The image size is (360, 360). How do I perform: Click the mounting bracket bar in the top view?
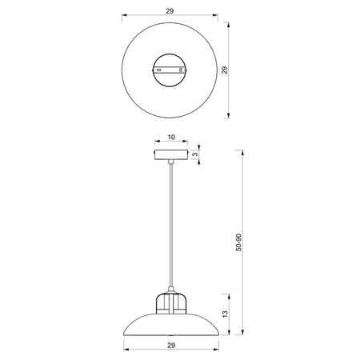(x=170, y=70)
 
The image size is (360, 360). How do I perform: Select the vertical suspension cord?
(x=170, y=224)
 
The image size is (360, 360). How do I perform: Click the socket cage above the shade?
(x=170, y=304)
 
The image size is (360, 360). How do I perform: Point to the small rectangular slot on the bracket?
(x=159, y=70)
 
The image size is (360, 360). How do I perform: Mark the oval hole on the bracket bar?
(x=182, y=70)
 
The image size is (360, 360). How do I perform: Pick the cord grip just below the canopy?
(x=170, y=164)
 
